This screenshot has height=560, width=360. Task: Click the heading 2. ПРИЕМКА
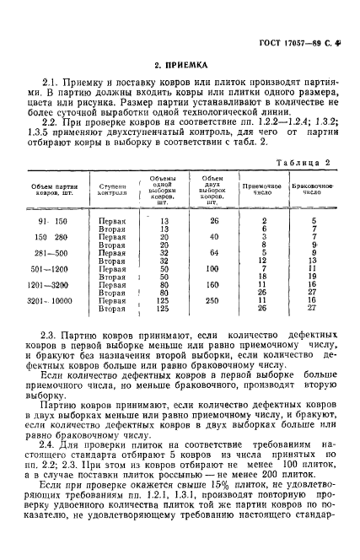tap(180, 64)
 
